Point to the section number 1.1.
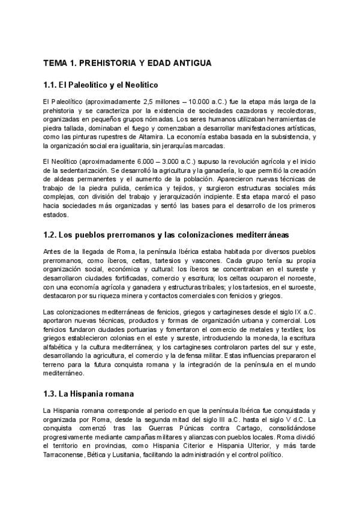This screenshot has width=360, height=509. [52, 86]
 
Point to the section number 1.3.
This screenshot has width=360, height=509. [52, 394]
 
